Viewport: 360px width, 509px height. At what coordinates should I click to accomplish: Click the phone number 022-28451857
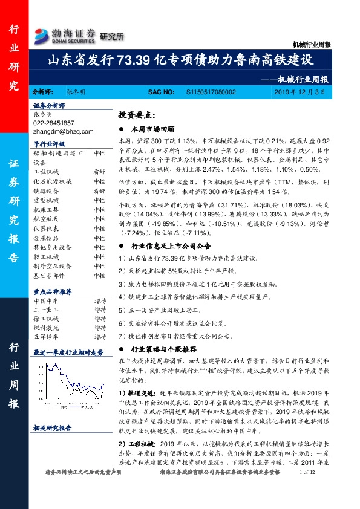[x=54, y=122]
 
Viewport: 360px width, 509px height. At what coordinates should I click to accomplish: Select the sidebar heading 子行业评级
[x=49, y=144]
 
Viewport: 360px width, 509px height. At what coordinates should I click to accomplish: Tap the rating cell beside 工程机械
[x=100, y=172]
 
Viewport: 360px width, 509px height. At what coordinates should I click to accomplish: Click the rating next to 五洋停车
[x=100, y=336]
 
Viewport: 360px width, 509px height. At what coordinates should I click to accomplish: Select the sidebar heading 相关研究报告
[x=52, y=427]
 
